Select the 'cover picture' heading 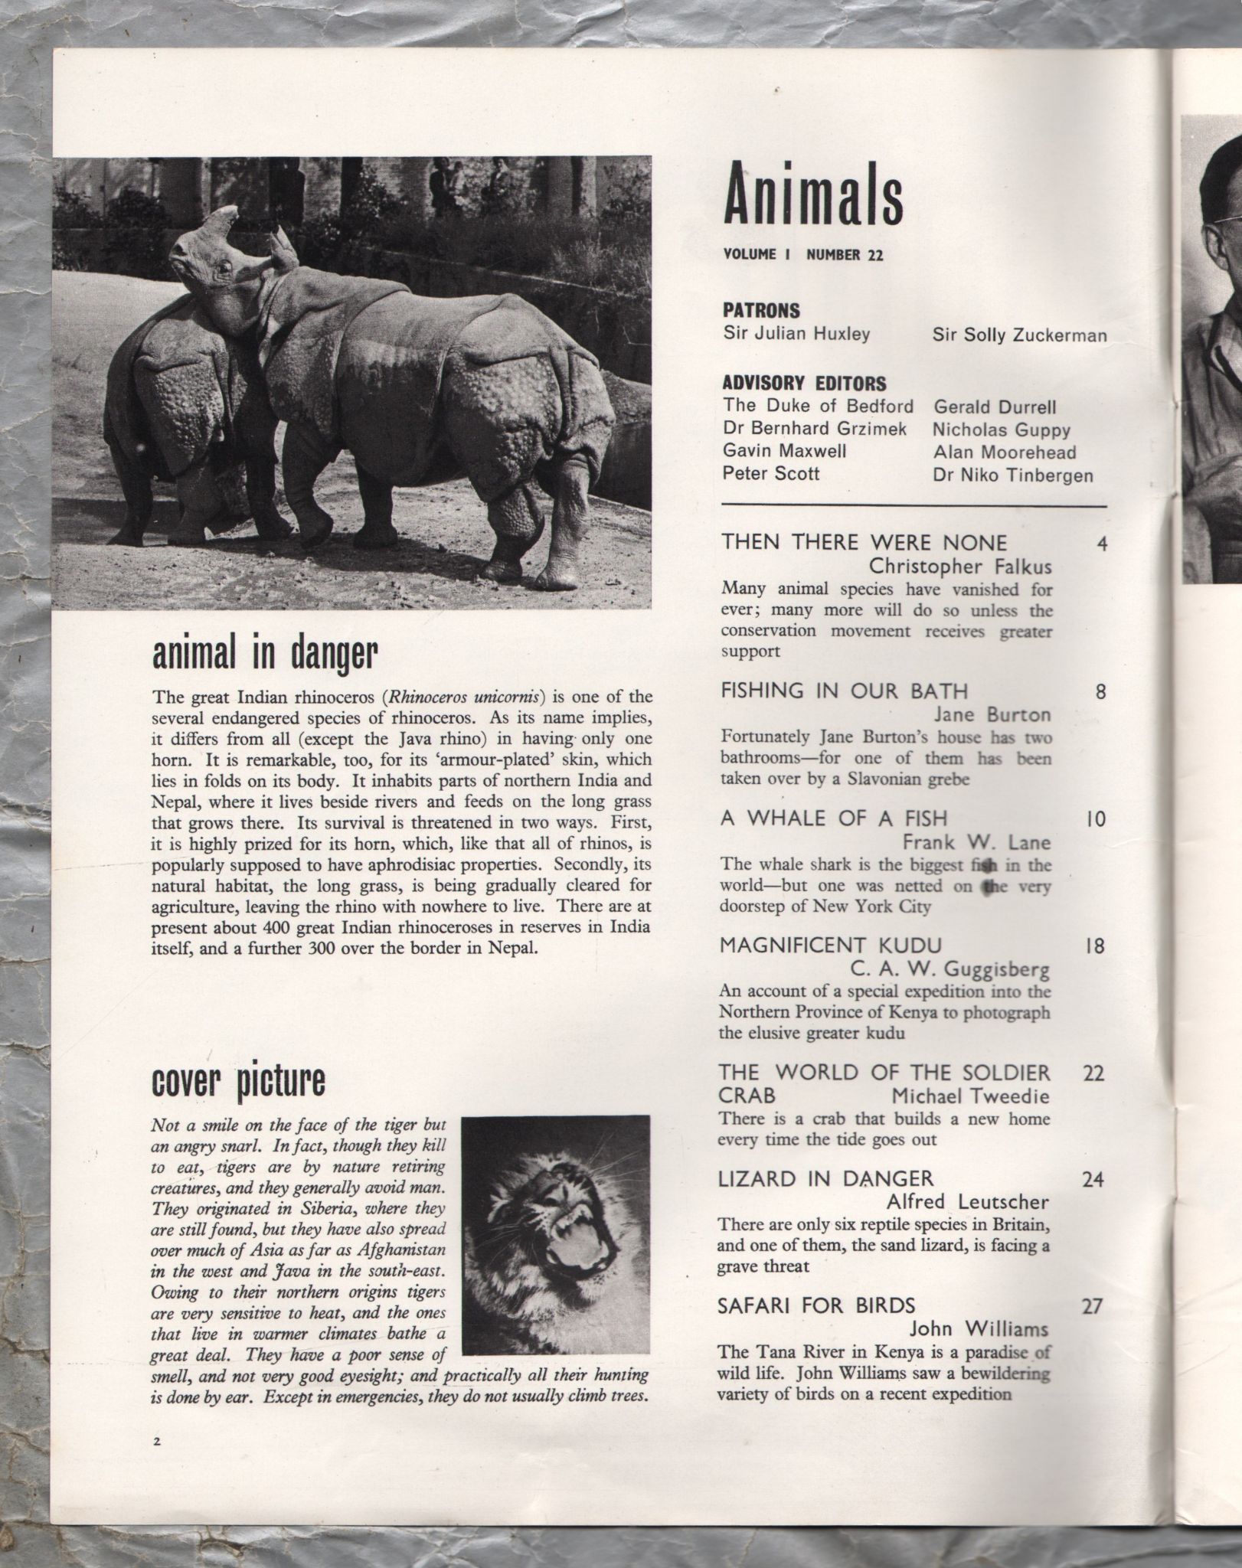pos(238,1080)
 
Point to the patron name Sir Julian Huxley pos(796,335)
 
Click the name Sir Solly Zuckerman pos(1019,335)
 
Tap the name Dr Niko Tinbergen pos(1012,475)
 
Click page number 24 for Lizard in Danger pos(1093,1180)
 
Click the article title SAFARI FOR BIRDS pos(816,1305)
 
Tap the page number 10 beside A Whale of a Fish pos(1096,820)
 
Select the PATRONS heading pos(761,311)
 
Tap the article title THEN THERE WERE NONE pos(864,543)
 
